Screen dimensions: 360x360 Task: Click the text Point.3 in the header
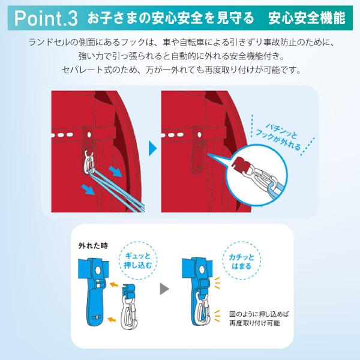46,19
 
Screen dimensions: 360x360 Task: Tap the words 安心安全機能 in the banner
307,18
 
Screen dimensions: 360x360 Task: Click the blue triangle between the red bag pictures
152,149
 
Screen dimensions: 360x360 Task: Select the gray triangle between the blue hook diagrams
164,289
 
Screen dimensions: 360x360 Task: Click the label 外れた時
93,245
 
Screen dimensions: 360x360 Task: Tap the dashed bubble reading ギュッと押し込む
138,260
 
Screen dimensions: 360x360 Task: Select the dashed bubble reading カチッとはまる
242,260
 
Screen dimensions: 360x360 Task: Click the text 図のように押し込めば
259,314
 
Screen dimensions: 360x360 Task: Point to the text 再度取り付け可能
254,323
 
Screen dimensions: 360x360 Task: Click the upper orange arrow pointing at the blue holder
113,284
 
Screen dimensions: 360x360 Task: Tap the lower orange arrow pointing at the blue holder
112,319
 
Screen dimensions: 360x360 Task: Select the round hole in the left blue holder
98,270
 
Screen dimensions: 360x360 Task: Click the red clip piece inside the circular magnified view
239,163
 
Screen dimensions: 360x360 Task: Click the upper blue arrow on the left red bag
115,172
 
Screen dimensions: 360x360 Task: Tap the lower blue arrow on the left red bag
89,190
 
